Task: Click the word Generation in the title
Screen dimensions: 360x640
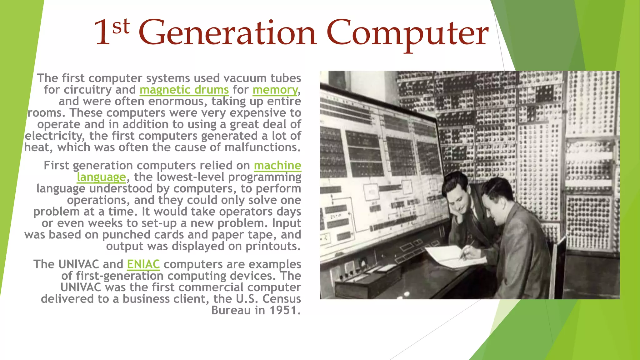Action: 227,33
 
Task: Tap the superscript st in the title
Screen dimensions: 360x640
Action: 121,26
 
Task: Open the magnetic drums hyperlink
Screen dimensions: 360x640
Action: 184,90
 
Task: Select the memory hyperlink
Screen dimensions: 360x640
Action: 275,90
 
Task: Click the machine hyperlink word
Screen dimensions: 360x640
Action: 277,165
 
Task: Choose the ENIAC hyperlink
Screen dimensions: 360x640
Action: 143,264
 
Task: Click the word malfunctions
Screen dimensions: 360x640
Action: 262,147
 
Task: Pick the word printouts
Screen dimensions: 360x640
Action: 272,246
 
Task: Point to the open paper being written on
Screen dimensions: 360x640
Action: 450,256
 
